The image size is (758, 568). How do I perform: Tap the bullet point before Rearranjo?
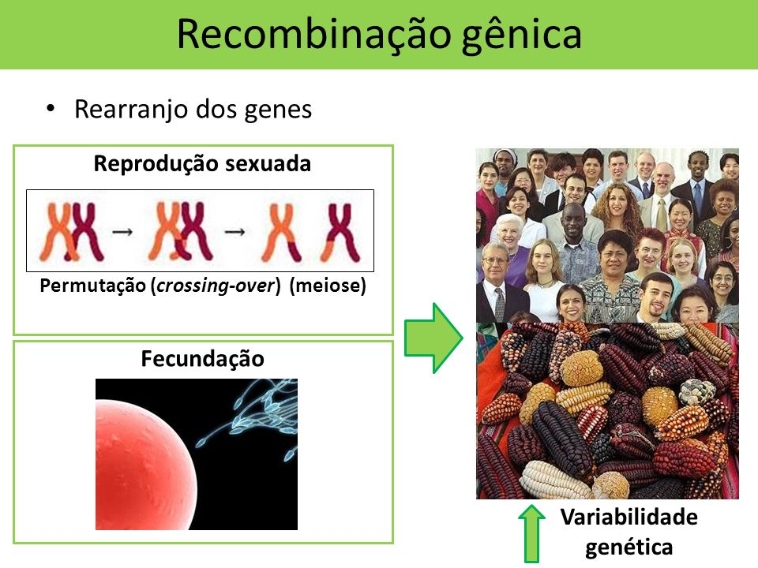coord(51,109)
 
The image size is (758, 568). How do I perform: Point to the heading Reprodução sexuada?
coord(202,163)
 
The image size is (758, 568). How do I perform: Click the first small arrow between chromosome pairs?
coord(122,232)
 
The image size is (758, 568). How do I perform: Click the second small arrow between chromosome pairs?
coord(235,232)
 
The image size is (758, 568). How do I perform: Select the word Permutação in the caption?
coord(92,286)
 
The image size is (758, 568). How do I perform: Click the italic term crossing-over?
coord(216,286)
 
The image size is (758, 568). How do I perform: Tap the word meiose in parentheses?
coord(328,285)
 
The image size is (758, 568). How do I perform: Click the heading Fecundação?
coord(203,359)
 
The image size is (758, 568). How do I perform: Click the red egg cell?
coord(144,465)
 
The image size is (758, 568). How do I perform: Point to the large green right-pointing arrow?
coord(433,338)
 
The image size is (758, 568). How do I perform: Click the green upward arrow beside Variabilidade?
coord(531,533)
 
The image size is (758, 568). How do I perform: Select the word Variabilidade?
coord(629,517)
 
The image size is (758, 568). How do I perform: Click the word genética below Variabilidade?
coord(629,547)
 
